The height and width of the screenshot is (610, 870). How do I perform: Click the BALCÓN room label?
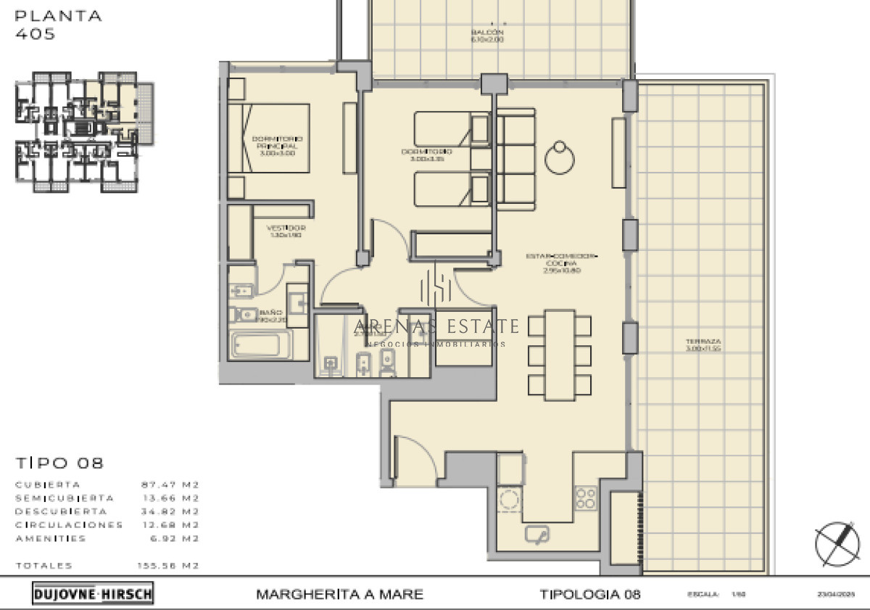[487, 36]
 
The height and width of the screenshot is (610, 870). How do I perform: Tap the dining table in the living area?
[559, 355]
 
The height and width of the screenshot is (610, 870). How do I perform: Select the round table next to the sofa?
[560, 157]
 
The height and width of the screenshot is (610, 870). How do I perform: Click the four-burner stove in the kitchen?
[586, 498]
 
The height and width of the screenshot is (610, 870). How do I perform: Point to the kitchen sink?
[537, 535]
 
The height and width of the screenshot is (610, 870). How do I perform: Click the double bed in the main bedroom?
[269, 138]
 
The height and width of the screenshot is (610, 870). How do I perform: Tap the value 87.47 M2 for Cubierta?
[170, 485]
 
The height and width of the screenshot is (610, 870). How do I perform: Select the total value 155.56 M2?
[169, 566]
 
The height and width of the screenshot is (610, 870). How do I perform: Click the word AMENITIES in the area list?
[51, 539]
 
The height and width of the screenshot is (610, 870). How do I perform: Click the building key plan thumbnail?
[84, 132]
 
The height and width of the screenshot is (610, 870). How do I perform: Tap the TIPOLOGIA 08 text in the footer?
[590, 595]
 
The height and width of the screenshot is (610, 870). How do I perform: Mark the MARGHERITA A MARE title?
[339, 595]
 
